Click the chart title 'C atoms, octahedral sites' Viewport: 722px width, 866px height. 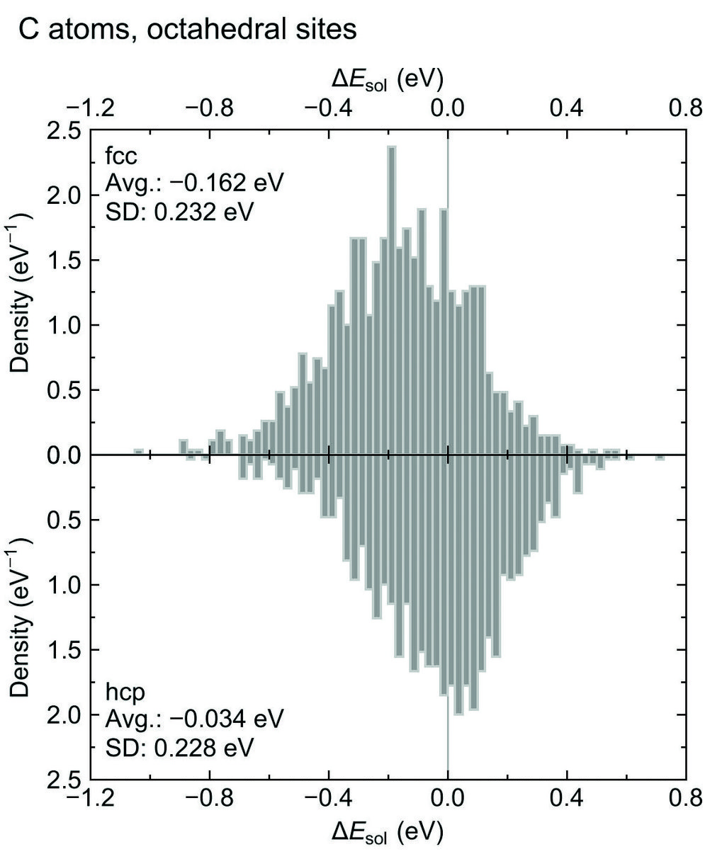coord(188,30)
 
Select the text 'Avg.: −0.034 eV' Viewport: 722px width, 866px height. coord(194,719)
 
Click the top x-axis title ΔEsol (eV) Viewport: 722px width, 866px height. coord(388,80)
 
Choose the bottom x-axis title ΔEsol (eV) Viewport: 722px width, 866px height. coord(388,833)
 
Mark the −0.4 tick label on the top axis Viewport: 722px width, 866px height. coord(329,108)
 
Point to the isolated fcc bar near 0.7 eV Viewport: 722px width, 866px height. coord(660,457)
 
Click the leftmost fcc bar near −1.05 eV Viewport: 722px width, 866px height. coord(139,452)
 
